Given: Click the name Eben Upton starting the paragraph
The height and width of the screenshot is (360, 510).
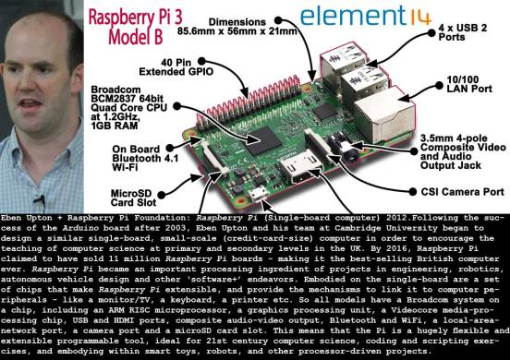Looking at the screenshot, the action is point(25,219).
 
